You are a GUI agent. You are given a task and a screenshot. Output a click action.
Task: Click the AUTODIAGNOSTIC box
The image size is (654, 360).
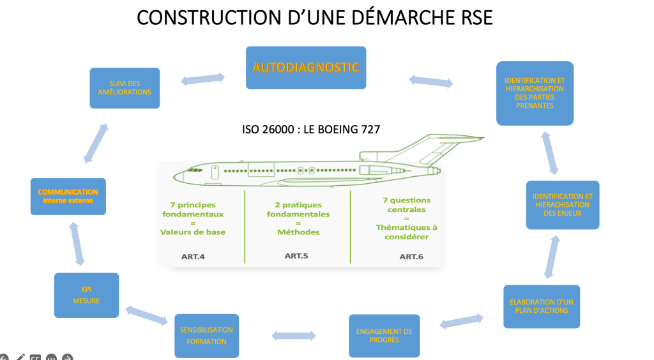coord(306,67)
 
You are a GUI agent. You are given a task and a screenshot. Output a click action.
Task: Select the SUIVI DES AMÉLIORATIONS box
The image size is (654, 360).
coord(125,88)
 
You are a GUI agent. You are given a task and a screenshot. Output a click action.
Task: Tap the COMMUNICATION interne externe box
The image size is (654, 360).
coord(68,196)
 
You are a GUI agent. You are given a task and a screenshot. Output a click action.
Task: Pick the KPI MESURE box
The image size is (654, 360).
coord(86,295)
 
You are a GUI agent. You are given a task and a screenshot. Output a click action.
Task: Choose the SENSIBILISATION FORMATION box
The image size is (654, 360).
coord(206,336)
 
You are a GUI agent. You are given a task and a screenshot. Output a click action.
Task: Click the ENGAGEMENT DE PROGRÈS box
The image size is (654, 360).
coord(384,336)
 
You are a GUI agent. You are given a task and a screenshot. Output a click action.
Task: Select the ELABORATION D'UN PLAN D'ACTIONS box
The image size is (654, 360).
coord(541,306)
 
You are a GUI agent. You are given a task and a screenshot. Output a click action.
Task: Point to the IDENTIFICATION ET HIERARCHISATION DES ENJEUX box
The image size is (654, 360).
coord(562,205)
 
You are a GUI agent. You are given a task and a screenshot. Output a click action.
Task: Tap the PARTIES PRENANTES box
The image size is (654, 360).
coord(535,93)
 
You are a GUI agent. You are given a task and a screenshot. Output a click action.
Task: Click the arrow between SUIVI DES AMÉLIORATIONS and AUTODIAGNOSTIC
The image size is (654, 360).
coord(202,79)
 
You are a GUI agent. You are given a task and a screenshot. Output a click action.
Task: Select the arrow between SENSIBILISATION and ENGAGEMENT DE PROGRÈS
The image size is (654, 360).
coord(294,336)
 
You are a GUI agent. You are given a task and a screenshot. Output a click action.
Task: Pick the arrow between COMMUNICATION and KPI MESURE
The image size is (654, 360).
coord(75,244)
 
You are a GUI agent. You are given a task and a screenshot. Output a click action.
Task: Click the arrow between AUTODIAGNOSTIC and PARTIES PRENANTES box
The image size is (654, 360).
coord(431,81)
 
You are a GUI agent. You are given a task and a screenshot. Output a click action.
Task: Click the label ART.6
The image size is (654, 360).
coord(411,257)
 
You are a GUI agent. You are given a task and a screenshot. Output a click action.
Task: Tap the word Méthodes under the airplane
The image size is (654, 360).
coord(298,232)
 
